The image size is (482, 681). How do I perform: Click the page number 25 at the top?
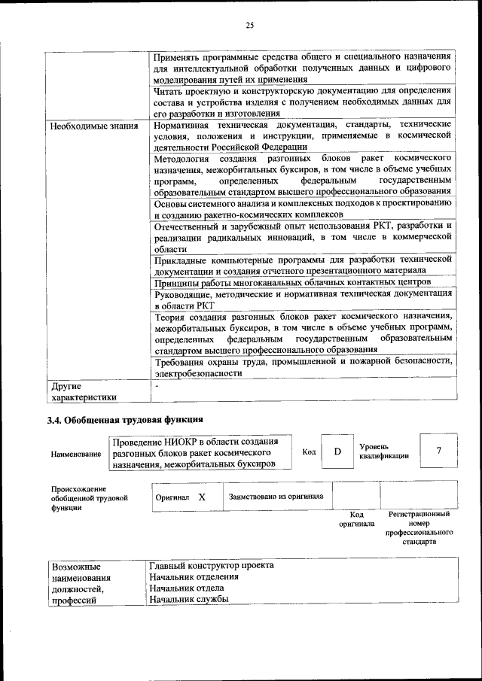[249, 26]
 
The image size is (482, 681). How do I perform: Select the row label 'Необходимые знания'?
[94, 125]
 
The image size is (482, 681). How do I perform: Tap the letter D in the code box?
[337, 451]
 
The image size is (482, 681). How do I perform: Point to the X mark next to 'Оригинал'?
[202, 497]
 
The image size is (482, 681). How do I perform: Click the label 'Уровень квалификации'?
[384, 451]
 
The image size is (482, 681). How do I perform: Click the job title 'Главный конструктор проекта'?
[212, 565]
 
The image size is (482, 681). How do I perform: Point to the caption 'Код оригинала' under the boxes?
[356, 519]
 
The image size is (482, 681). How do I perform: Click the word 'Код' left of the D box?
[309, 451]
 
